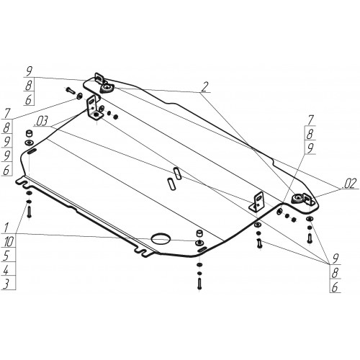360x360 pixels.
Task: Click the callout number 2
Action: pyautogui.click(x=204, y=87)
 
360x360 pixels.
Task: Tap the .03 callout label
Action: pyautogui.click(x=41, y=121)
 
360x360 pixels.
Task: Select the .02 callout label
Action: pyautogui.click(x=350, y=184)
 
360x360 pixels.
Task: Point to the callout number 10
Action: pyautogui.click(x=9, y=241)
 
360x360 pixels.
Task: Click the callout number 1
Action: pyautogui.click(x=6, y=228)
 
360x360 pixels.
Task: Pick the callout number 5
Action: pyautogui.click(x=6, y=256)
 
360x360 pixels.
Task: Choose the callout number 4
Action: pyautogui.click(x=6, y=269)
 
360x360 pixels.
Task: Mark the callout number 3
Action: pyautogui.click(x=6, y=284)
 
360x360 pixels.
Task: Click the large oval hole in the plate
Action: pyautogui.click(x=161, y=238)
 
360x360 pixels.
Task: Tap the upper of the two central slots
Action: pyautogui.click(x=177, y=173)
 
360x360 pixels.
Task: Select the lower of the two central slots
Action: pyautogui.click(x=171, y=184)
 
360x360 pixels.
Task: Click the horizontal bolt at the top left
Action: pyautogui.click(x=70, y=91)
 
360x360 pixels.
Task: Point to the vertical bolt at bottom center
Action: pyautogui.click(x=199, y=283)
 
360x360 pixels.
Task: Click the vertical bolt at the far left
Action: pyautogui.click(x=30, y=212)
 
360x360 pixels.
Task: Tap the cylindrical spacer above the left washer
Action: pyautogui.click(x=30, y=133)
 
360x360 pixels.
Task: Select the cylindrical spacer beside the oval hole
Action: pyautogui.click(x=199, y=233)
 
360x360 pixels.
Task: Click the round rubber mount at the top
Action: pyautogui.click(x=107, y=88)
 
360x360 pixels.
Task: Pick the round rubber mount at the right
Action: pyautogui.click(x=297, y=199)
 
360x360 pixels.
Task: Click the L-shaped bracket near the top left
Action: pyautogui.click(x=94, y=107)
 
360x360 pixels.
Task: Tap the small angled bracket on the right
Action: pyautogui.click(x=257, y=202)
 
